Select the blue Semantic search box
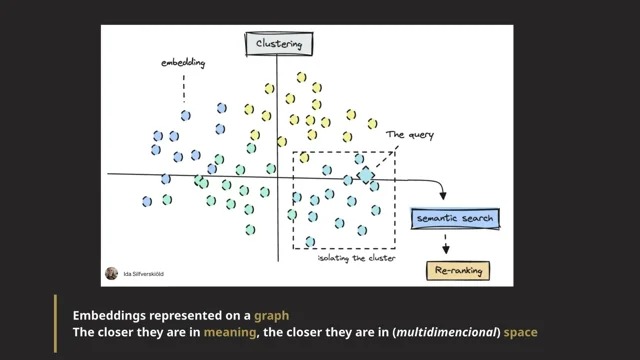(454, 216)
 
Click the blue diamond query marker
(367, 175)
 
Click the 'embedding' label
(183, 65)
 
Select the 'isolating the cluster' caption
(350, 259)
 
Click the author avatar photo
(111, 272)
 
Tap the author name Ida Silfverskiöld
(146, 272)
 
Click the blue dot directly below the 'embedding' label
(185, 116)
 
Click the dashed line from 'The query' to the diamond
(386, 157)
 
